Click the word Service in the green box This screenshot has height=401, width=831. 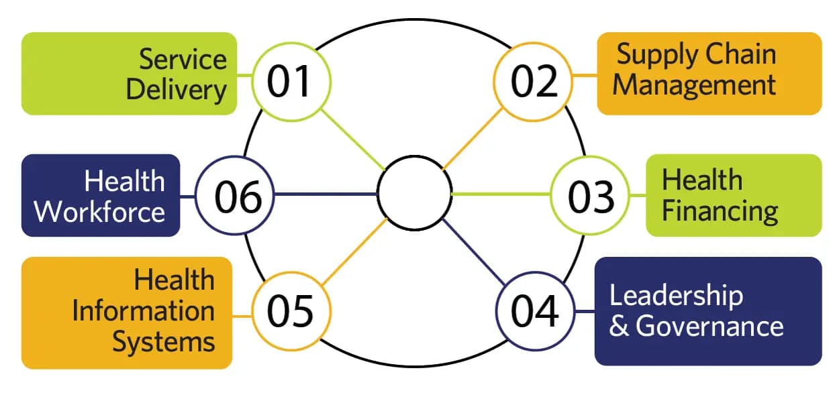[x=183, y=59]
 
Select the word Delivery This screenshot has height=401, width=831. [x=177, y=90]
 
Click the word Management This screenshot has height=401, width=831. [x=694, y=86]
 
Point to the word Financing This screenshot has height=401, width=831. [x=720, y=212]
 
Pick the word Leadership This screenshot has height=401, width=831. [x=677, y=296]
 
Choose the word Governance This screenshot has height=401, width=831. [x=710, y=326]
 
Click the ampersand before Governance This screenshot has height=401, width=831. [x=620, y=326]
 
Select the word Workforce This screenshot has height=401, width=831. [x=99, y=212]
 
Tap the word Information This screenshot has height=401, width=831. [x=144, y=310]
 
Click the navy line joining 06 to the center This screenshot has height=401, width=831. [x=326, y=194]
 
